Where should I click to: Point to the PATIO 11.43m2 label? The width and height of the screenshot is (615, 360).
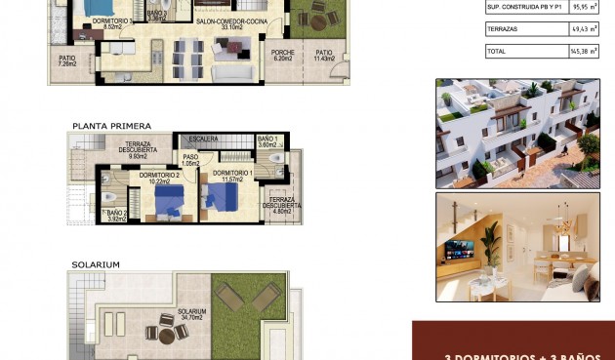[x=323, y=56]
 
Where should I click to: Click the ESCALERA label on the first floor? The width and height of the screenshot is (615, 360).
[x=203, y=139]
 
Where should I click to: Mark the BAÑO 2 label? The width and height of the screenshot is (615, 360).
[x=117, y=215]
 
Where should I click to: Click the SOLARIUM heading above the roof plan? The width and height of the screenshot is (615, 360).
[x=95, y=264]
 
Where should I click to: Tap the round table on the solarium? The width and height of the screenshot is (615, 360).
[x=167, y=333]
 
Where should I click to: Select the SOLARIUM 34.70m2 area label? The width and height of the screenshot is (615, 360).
[x=191, y=316]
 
